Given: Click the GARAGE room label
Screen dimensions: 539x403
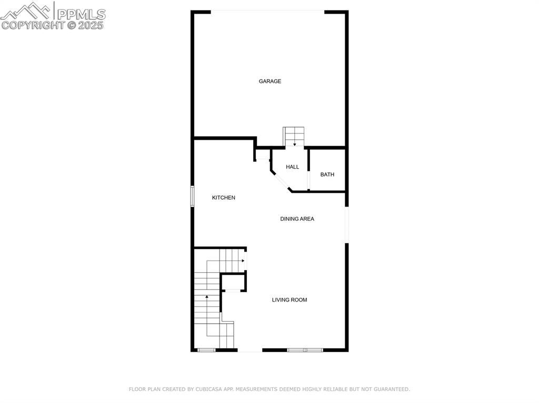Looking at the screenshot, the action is [270, 81].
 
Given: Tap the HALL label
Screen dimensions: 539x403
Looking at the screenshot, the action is [293, 167].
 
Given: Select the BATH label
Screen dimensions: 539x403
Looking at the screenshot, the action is [327, 174].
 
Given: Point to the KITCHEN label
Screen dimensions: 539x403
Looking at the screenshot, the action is [223, 198].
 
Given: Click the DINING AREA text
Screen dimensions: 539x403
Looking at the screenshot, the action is [297, 219].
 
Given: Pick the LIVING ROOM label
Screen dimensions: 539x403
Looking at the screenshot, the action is [290, 299].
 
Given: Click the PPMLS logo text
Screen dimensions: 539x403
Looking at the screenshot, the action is [81, 14].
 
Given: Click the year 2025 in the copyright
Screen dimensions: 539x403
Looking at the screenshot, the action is [91, 25].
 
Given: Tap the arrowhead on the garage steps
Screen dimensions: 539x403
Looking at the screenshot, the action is [295, 144].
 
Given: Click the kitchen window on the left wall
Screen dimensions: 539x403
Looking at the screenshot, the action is [193, 197].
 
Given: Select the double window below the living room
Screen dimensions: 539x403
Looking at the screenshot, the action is [305, 350].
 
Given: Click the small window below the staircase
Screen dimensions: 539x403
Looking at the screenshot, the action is [206, 350].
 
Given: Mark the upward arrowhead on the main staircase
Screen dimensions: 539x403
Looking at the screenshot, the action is [206, 296].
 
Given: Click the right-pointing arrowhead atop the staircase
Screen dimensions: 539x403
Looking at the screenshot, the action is [243, 261].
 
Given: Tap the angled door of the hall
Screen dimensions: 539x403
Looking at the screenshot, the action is [281, 181].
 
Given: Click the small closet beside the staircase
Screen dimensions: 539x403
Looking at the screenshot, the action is [233, 283].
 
